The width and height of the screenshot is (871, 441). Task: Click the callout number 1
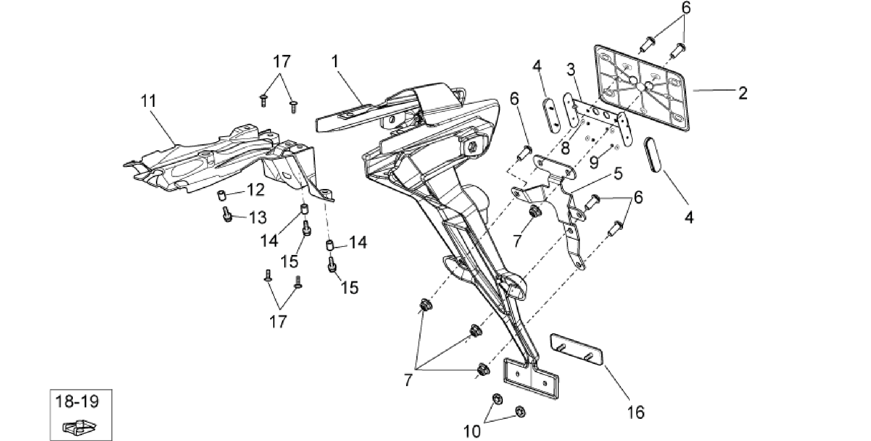tap(335, 62)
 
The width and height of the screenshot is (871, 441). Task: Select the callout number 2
tap(743, 93)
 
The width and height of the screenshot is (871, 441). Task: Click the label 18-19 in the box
tap(77, 401)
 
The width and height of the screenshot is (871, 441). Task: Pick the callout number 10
tap(472, 431)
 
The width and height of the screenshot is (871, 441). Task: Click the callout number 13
tap(257, 218)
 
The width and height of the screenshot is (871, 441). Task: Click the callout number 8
tap(565, 148)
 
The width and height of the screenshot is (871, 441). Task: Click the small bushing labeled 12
tap(222, 196)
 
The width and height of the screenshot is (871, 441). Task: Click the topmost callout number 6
tap(686, 8)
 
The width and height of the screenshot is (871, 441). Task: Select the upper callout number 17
tap(282, 62)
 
